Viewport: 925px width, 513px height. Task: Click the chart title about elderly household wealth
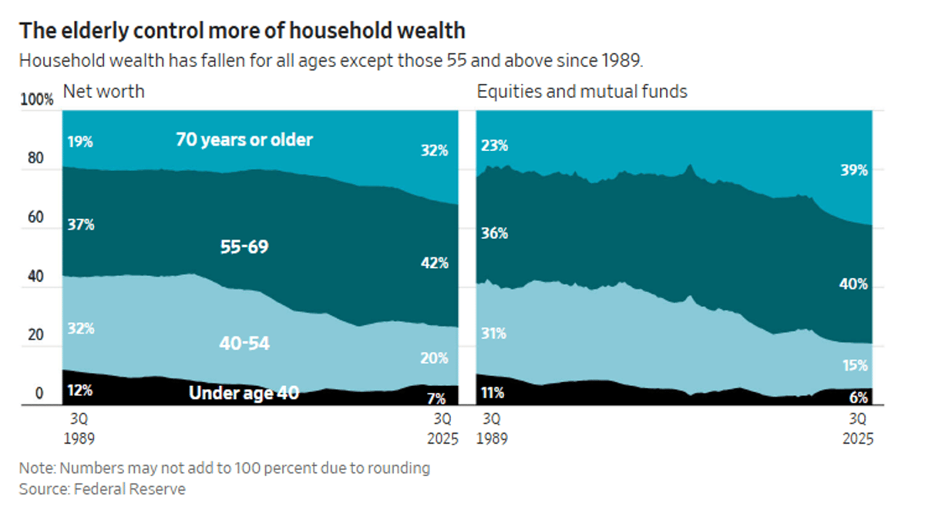[242, 30]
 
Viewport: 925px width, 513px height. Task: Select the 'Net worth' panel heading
[103, 92]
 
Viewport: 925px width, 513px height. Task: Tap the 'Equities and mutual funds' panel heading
[582, 92]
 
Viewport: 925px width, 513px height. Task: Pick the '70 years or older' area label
[244, 139]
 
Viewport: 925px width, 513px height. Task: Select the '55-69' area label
[244, 247]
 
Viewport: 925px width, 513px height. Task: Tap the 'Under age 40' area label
[244, 393]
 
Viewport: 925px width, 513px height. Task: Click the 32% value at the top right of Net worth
[434, 151]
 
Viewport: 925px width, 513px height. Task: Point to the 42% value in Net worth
[434, 263]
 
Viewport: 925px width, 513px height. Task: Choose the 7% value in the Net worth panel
[437, 398]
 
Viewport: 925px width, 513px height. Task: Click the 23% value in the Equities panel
[494, 146]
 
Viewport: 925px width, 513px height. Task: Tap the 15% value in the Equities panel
[854, 365]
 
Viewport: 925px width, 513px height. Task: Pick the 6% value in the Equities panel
[857, 398]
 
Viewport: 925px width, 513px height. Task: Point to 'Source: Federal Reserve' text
[103, 488]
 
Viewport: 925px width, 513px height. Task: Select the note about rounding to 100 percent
[224, 468]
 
